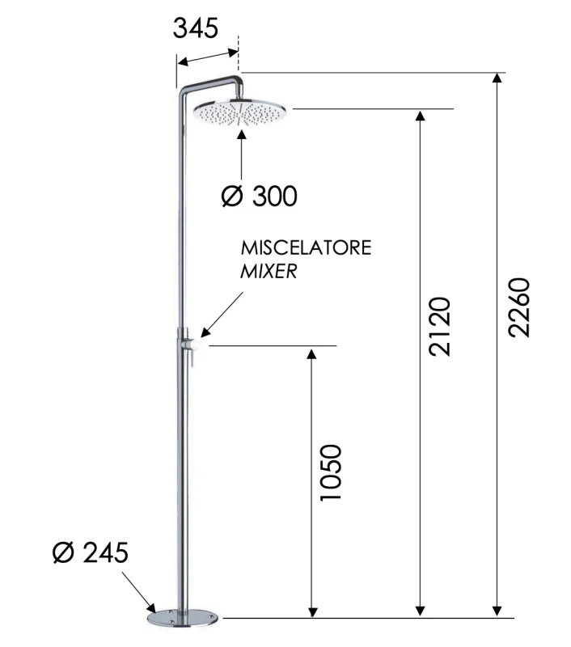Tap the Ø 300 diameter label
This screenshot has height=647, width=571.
pyautogui.click(x=258, y=195)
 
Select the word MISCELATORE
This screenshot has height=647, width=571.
pyautogui.click(x=305, y=247)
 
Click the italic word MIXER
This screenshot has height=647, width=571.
pyautogui.click(x=269, y=272)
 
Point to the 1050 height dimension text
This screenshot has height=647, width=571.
pyautogui.click(x=331, y=472)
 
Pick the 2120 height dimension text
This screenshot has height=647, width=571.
pyautogui.click(x=438, y=327)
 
